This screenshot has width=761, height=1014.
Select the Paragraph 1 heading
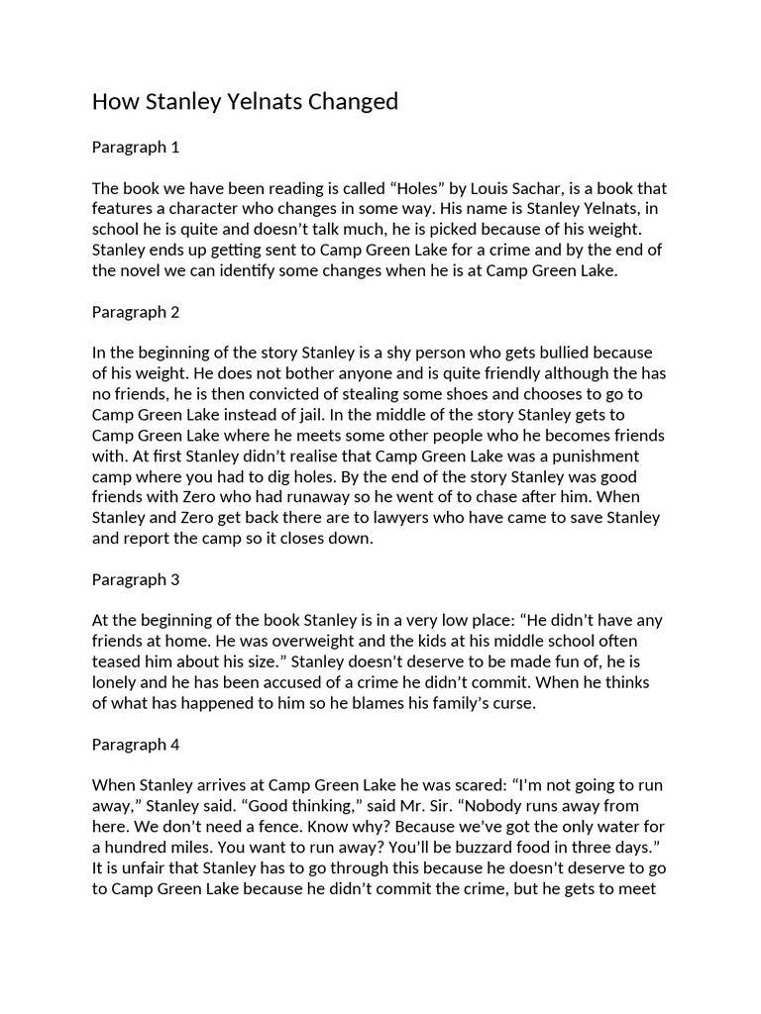click(136, 148)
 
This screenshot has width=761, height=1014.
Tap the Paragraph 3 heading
click(136, 578)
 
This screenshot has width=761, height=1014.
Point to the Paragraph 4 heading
click(136, 743)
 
